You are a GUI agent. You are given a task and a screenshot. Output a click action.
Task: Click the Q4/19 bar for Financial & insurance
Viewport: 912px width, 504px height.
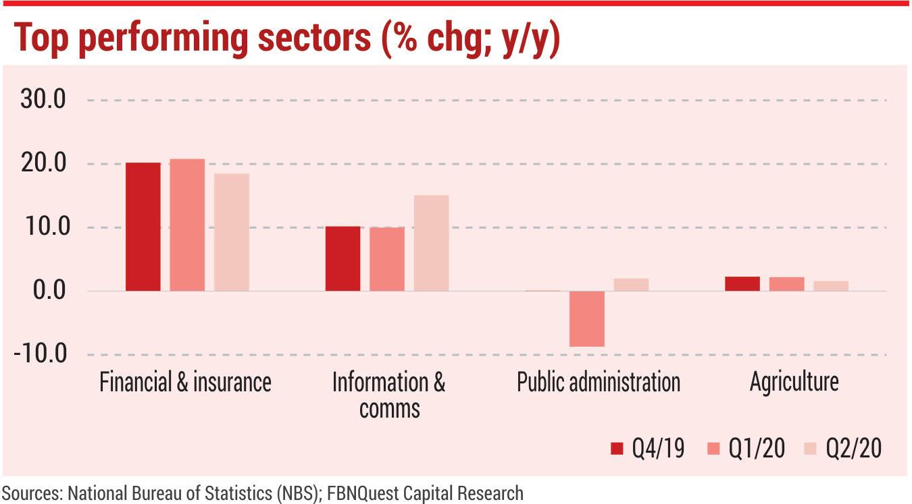pos(143,227)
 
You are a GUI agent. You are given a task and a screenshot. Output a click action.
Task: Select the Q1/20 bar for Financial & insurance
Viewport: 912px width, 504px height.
pos(187,225)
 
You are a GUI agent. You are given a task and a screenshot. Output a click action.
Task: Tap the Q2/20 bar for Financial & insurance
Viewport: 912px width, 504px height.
pos(232,232)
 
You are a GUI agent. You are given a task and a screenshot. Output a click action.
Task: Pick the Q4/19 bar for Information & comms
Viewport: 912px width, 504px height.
pos(343,258)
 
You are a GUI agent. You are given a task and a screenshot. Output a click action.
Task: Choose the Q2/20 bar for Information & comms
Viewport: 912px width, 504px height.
pos(431,243)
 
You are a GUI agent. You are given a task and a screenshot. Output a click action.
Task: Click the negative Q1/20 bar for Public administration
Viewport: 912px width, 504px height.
pos(586,318)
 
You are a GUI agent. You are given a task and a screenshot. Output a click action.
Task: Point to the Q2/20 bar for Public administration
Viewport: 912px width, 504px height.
pos(631,285)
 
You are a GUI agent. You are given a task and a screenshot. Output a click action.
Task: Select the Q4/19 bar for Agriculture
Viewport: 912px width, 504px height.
pos(742,283)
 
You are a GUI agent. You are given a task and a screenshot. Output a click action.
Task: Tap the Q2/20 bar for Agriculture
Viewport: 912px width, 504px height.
pos(830,286)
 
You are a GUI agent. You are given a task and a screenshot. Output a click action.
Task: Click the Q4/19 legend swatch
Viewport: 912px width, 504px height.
pos(616,449)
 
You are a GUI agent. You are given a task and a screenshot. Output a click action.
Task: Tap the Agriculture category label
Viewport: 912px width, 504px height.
pos(794,382)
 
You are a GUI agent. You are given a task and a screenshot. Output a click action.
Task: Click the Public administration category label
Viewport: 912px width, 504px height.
pos(598,382)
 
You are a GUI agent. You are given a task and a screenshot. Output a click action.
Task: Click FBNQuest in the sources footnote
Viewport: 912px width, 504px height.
pos(362,493)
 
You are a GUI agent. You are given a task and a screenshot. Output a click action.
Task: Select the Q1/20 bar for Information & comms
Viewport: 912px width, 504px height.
pos(387,259)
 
